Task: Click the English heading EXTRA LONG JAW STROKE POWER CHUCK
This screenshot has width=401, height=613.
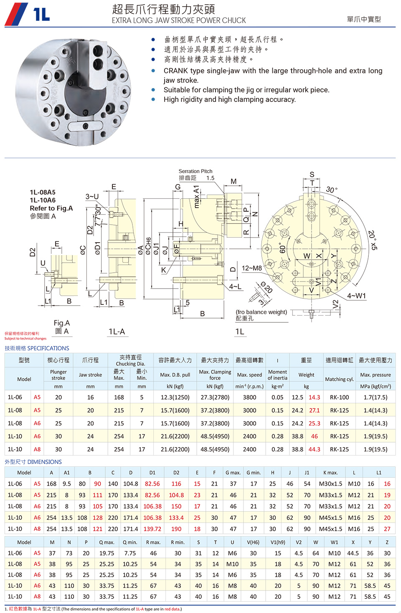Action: (179, 20)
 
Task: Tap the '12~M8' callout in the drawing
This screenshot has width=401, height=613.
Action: (251, 268)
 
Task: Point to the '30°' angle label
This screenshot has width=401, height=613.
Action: (332, 190)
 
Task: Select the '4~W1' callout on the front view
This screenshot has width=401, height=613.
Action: (356, 296)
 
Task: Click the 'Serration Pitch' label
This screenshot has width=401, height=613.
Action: (195, 171)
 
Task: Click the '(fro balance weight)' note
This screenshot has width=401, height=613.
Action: (261, 312)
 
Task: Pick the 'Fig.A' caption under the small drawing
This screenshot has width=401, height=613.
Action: (62, 323)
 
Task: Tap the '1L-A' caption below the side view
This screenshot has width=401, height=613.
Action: (117, 332)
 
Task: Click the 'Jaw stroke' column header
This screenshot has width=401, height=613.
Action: (90, 375)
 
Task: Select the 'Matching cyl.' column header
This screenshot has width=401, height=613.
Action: (339, 379)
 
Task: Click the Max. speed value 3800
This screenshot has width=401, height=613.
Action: (249, 398)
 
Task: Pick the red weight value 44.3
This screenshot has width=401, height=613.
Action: (314, 449)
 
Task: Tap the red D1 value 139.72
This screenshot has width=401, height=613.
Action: (152, 529)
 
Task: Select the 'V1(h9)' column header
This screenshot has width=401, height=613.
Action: (278, 542)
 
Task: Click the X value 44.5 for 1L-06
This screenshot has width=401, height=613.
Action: (353, 553)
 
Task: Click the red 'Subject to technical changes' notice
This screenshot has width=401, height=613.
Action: (25, 339)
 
